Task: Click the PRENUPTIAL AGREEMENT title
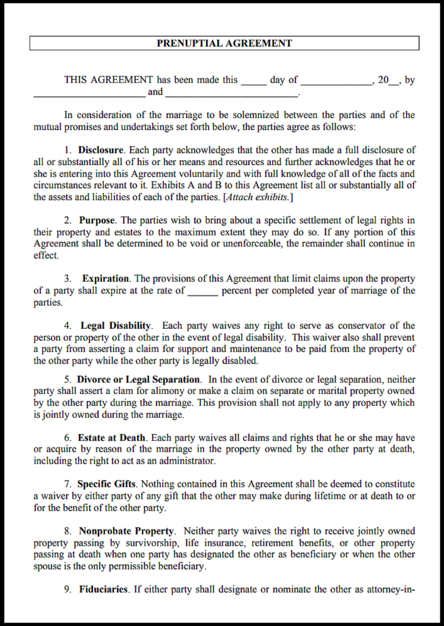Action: (224, 43)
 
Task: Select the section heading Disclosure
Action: (101, 150)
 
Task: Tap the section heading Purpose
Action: (98, 220)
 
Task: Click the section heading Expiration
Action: (106, 279)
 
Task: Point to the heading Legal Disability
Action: (116, 326)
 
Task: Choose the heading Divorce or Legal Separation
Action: (138, 379)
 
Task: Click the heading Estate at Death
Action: (112, 438)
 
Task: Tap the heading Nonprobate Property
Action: (127, 531)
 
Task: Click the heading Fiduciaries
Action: (103, 589)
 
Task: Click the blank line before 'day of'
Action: (254, 81)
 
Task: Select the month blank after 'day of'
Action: (336, 81)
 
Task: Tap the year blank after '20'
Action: (394, 81)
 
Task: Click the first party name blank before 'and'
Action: (89, 93)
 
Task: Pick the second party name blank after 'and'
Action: (231, 93)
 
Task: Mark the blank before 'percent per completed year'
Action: (203, 292)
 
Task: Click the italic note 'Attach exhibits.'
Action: (258, 197)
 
